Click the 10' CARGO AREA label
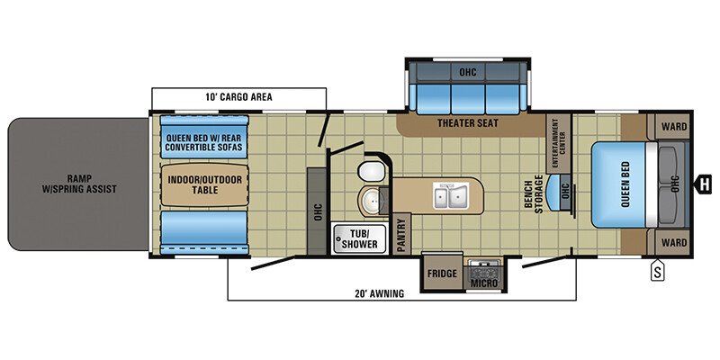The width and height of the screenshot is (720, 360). (238, 96)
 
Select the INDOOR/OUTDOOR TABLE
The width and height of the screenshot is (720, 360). (202, 184)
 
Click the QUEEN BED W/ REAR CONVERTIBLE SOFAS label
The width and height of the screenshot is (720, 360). (204, 140)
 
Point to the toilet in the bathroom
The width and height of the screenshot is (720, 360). (369, 172)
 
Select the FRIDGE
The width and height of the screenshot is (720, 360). (443, 274)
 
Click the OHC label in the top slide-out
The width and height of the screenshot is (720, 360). (467, 71)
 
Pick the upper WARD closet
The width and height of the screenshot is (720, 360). (674, 126)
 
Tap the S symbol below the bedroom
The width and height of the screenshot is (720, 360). (658, 268)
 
